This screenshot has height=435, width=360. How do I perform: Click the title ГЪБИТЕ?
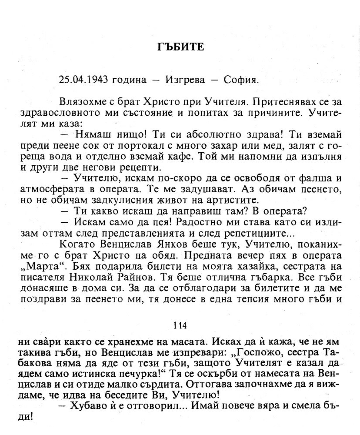click(180, 47)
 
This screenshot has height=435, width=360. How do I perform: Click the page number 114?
click(180, 325)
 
